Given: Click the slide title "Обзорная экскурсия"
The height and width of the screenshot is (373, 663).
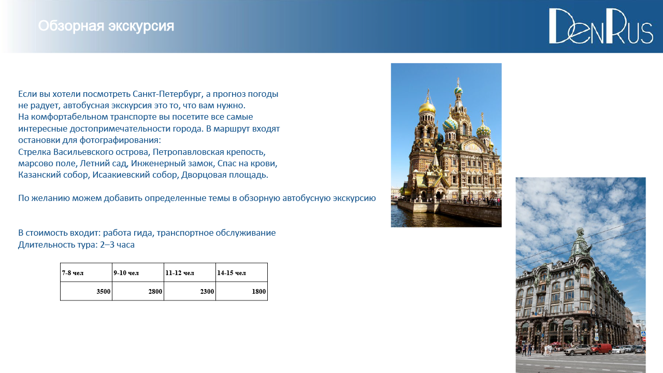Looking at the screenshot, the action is pyautogui.click(x=106, y=26).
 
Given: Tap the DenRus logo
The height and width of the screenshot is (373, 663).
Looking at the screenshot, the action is pyautogui.click(x=601, y=26).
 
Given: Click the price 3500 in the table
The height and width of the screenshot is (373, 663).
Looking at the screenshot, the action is pyautogui.click(x=103, y=292).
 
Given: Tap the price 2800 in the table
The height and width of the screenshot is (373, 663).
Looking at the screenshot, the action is pyautogui.click(x=155, y=292).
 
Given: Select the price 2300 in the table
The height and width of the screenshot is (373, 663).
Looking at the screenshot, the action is pyautogui.click(x=207, y=292).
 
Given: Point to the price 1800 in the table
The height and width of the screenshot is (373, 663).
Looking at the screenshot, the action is pyautogui.click(x=258, y=292).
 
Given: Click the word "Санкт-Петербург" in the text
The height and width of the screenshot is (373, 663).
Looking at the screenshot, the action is pyautogui.click(x=167, y=94).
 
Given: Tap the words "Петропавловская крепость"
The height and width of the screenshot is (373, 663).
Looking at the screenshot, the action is pyautogui.click(x=209, y=152).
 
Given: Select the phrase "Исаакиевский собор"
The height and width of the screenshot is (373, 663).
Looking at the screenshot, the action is pyautogui.click(x=135, y=175).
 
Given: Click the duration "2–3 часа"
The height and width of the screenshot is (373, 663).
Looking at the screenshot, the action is pyautogui.click(x=117, y=245).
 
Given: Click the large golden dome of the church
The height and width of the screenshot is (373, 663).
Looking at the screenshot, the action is pyautogui.click(x=427, y=107).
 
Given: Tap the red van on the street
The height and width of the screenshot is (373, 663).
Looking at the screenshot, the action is pyautogui.click(x=601, y=349).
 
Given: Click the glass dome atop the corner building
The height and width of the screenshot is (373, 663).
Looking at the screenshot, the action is pyautogui.click(x=580, y=242).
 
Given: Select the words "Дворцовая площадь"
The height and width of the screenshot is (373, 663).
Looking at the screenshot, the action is pyautogui.click(x=225, y=175).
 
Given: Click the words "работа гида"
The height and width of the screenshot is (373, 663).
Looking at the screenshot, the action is pyautogui.click(x=128, y=233).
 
